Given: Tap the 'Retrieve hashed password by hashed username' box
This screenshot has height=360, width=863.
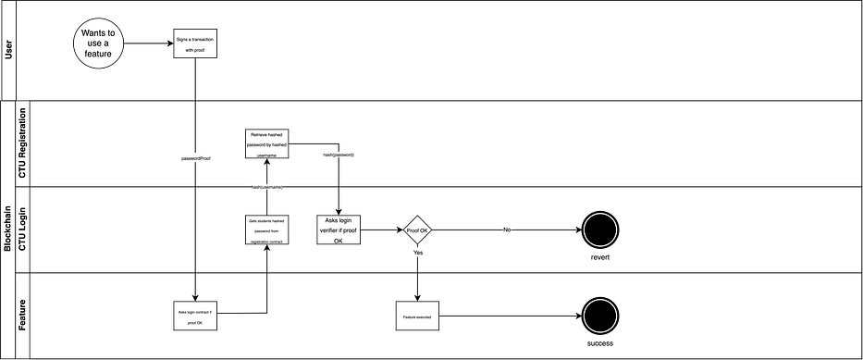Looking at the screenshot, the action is point(267,143).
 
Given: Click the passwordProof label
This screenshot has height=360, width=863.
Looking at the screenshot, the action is point(197,158).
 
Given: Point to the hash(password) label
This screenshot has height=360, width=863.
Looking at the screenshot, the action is point(339,155).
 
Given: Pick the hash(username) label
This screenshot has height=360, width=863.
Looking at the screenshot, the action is point(266,187).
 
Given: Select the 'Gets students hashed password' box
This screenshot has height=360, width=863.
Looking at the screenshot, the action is point(267,230).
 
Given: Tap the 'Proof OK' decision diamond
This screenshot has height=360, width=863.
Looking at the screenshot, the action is point(417,230).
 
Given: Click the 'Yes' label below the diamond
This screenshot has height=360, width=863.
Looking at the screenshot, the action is point(418,252).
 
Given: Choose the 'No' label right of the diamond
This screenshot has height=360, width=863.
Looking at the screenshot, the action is point(507,229).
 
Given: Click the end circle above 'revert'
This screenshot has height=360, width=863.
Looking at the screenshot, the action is point(600,230).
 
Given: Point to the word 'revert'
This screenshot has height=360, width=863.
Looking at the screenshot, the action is point(600,257).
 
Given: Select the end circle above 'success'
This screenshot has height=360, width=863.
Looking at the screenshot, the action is point(600,315).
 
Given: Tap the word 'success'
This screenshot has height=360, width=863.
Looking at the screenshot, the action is point(600,343).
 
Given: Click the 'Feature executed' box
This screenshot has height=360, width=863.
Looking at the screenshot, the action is point(417,316).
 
